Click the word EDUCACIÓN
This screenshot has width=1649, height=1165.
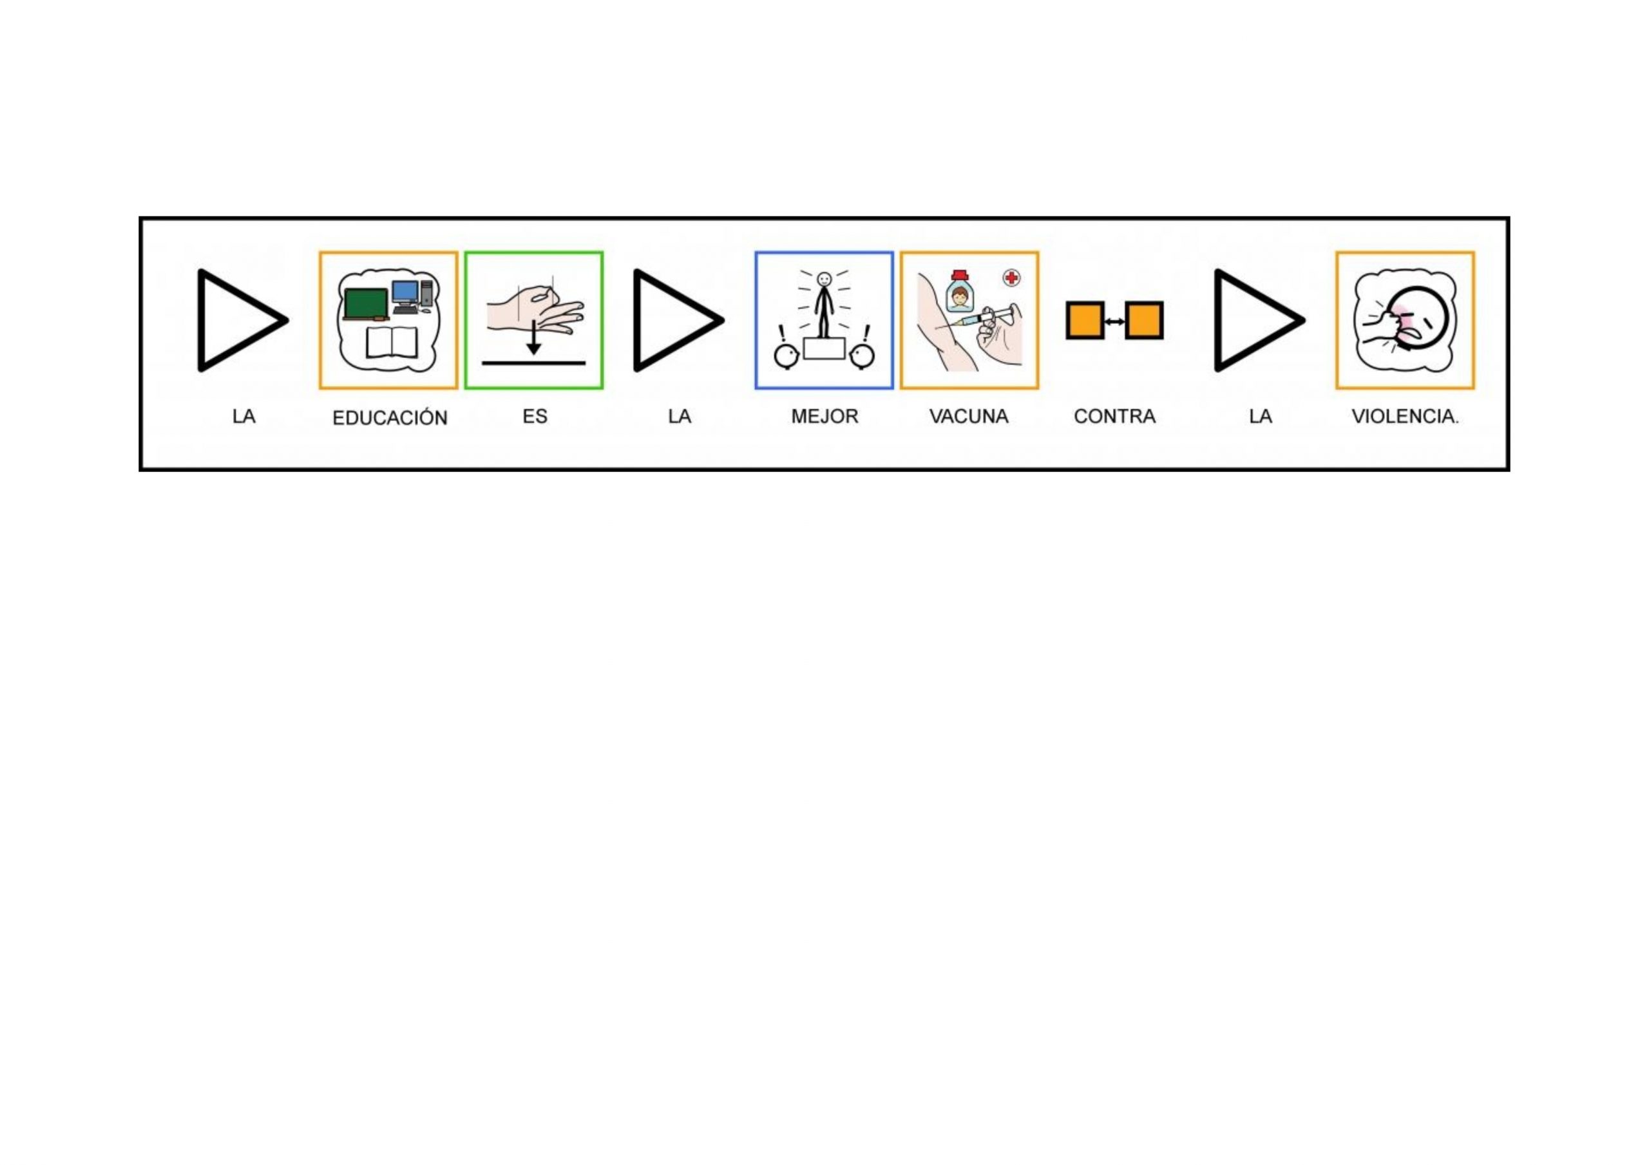coord(389,417)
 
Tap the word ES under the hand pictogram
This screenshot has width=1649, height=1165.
coord(535,417)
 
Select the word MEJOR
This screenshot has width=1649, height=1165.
coord(824,417)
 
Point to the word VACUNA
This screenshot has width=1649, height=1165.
coord(969,417)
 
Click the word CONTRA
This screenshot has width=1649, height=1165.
coord(1114,417)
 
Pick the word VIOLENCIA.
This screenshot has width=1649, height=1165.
coord(1405,417)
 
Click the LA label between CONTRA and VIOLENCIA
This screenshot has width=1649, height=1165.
coord(1261,417)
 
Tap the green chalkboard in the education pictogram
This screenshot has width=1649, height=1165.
coord(367,304)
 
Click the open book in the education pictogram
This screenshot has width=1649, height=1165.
coord(392,343)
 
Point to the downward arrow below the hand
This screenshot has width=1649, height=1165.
coord(533,337)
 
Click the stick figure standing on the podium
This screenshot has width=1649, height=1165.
coord(824,305)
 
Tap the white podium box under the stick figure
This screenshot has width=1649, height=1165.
coord(824,348)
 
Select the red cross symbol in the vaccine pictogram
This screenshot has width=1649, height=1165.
coord(1011,278)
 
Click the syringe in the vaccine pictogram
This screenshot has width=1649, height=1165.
coord(977,318)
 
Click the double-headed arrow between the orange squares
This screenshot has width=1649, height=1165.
coord(1114,321)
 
